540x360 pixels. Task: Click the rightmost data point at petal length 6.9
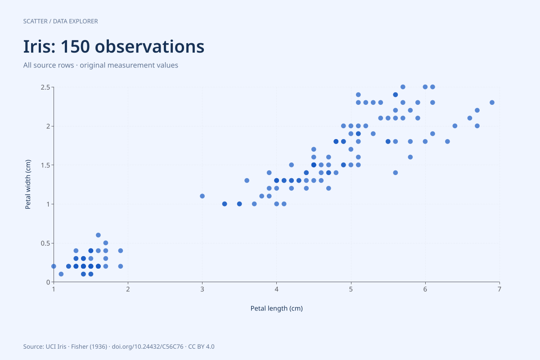point(492,103)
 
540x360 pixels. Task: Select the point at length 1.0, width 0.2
point(54,266)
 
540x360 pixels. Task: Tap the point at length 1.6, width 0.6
point(98,235)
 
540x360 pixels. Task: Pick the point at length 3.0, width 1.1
point(202,196)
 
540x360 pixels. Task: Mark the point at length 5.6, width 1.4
point(396,173)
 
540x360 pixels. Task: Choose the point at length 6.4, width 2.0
point(455,126)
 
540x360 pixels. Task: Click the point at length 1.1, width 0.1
point(61,274)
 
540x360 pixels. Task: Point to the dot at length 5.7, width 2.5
point(403,87)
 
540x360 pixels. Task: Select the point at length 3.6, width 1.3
point(247,180)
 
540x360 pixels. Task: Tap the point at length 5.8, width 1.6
point(410,157)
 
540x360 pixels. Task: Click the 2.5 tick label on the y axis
point(45,87)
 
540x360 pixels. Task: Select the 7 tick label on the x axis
point(499,289)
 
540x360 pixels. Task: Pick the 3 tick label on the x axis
point(202,289)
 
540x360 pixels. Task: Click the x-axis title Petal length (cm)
point(276,308)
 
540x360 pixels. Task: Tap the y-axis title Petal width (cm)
point(28,184)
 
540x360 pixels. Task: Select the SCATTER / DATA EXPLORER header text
point(60,21)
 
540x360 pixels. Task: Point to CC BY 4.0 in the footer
point(201,347)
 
